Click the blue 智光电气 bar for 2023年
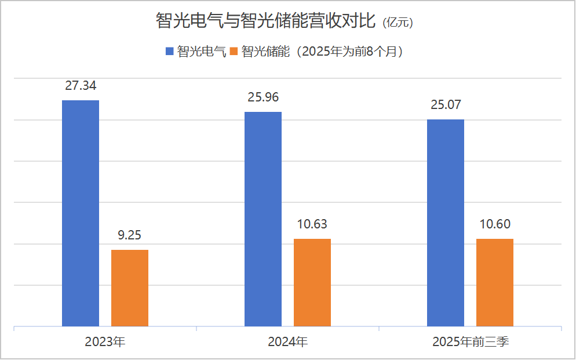81,213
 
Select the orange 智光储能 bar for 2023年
130,288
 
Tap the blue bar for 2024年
263,219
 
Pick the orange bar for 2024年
312,282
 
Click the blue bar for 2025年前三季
446,223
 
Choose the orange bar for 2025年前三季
495,282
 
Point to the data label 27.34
81,86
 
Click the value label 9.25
130,235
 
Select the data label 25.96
263,97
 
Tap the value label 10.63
312,224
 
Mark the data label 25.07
446,105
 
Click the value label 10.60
495,224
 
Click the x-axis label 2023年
105,342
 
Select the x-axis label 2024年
287,342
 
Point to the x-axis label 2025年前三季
471,342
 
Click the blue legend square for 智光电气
170,52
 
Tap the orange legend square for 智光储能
234,52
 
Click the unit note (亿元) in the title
398,23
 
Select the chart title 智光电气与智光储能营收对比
266,21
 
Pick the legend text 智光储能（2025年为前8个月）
322,52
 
